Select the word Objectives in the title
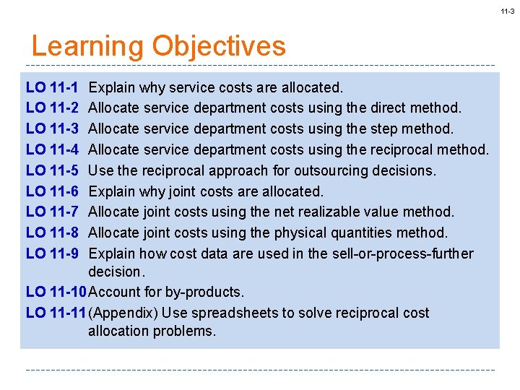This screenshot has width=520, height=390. tap(219, 46)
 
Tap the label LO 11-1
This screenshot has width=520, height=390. tap(52, 87)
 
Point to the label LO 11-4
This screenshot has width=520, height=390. tap(52, 149)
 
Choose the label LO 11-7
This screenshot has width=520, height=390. tap(52, 212)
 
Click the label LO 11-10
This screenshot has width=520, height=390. tap(56, 292)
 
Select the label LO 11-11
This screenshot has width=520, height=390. tap(56, 313)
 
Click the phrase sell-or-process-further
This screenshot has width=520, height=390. tap(402, 253)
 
